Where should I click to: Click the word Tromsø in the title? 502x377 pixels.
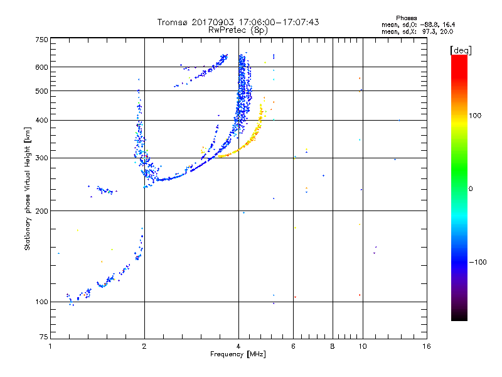pos(172,22)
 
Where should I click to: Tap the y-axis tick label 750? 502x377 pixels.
pos(41,39)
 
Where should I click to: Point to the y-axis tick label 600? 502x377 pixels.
pos(41,67)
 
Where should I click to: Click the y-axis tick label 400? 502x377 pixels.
pos(41,120)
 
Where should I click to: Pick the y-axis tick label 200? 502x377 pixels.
pos(41,210)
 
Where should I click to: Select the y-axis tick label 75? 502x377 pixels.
pos(43,337)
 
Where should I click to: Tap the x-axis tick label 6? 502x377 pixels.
pos(293,346)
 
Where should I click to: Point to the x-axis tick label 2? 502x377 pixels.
pos(144,346)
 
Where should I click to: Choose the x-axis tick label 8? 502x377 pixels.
pos(333,346)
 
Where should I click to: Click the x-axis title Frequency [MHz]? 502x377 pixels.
pos(238,355)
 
